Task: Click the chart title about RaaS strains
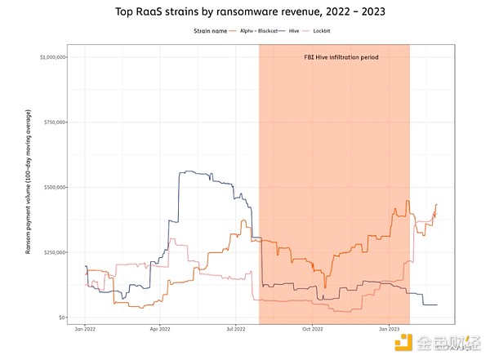(x=245, y=12)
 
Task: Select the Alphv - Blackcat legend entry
(x=255, y=32)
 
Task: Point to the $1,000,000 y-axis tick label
(x=53, y=57)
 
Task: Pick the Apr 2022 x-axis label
(x=160, y=330)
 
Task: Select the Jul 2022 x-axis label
(x=235, y=330)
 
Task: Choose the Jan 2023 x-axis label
(x=388, y=330)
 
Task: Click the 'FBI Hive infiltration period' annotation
(x=341, y=58)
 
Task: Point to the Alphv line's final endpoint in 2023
(x=437, y=204)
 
